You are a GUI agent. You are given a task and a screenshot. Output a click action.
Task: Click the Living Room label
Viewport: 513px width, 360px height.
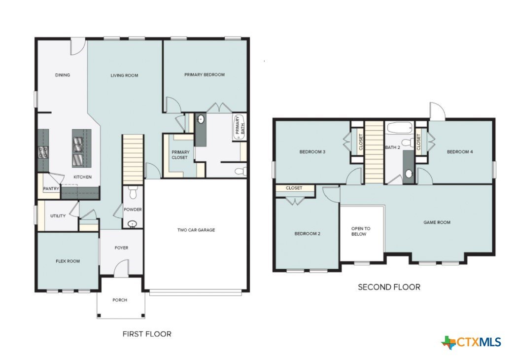pyautogui.click(x=124, y=75)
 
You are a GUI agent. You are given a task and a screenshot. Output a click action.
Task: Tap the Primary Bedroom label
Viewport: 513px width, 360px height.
pyautogui.click(x=205, y=74)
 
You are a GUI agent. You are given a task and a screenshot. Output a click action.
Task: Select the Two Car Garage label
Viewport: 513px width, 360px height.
pyautogui.click(x=196, y=230)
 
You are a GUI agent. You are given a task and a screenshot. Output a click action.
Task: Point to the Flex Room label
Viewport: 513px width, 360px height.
pyautogui.click(x=68, y=261)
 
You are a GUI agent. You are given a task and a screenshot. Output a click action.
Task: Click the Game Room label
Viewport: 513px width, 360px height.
pyautogui.click(x=437, y=222)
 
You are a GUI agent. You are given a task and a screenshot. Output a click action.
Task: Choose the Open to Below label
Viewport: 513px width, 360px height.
pyautogui.click(x=361, y=231)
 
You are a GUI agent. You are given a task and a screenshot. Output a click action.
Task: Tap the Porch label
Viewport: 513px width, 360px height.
pyautogui.click(x=120, y=300)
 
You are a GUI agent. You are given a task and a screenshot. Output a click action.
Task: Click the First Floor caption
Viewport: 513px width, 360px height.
pyautogui.click(x=147, y=334)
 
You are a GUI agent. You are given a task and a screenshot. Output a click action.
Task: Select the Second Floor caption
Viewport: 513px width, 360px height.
pyautogui.click(x=389, y=287)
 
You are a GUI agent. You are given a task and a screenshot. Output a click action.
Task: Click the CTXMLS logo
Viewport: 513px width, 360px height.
pyautogui.click(x=471, y=342)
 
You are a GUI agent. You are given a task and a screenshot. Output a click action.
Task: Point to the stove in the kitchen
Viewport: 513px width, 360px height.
pyautogui.click(x=43, y=152)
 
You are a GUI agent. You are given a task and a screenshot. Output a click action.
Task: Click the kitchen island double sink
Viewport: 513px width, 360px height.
pyautogui.click(x=78, y=144)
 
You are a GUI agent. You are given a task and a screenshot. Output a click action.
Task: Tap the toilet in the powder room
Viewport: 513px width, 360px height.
pyautogui.click(x=133, y=193)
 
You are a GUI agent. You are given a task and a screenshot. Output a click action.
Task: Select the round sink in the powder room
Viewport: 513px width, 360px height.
pyautogui.click(x=132, y=224)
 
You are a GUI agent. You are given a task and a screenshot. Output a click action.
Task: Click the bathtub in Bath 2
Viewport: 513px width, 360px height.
pyautogui.click(x=399, y=128)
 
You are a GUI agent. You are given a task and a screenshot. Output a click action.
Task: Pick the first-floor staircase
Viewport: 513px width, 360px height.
pyautogui.click(x=133, y=159)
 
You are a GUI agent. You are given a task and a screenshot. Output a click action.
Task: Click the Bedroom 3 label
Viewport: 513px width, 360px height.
pyautogui.click(x=312, y=151)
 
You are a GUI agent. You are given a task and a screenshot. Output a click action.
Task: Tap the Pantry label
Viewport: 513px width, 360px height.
pyautogui.click(x=51, y=188)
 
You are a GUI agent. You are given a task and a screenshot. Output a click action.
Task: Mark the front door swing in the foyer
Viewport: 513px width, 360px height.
pyautogui.click(x=121, y=268)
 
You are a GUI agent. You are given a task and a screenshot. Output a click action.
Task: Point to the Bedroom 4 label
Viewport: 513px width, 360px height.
pyautogui.click(x=460, y=151)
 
